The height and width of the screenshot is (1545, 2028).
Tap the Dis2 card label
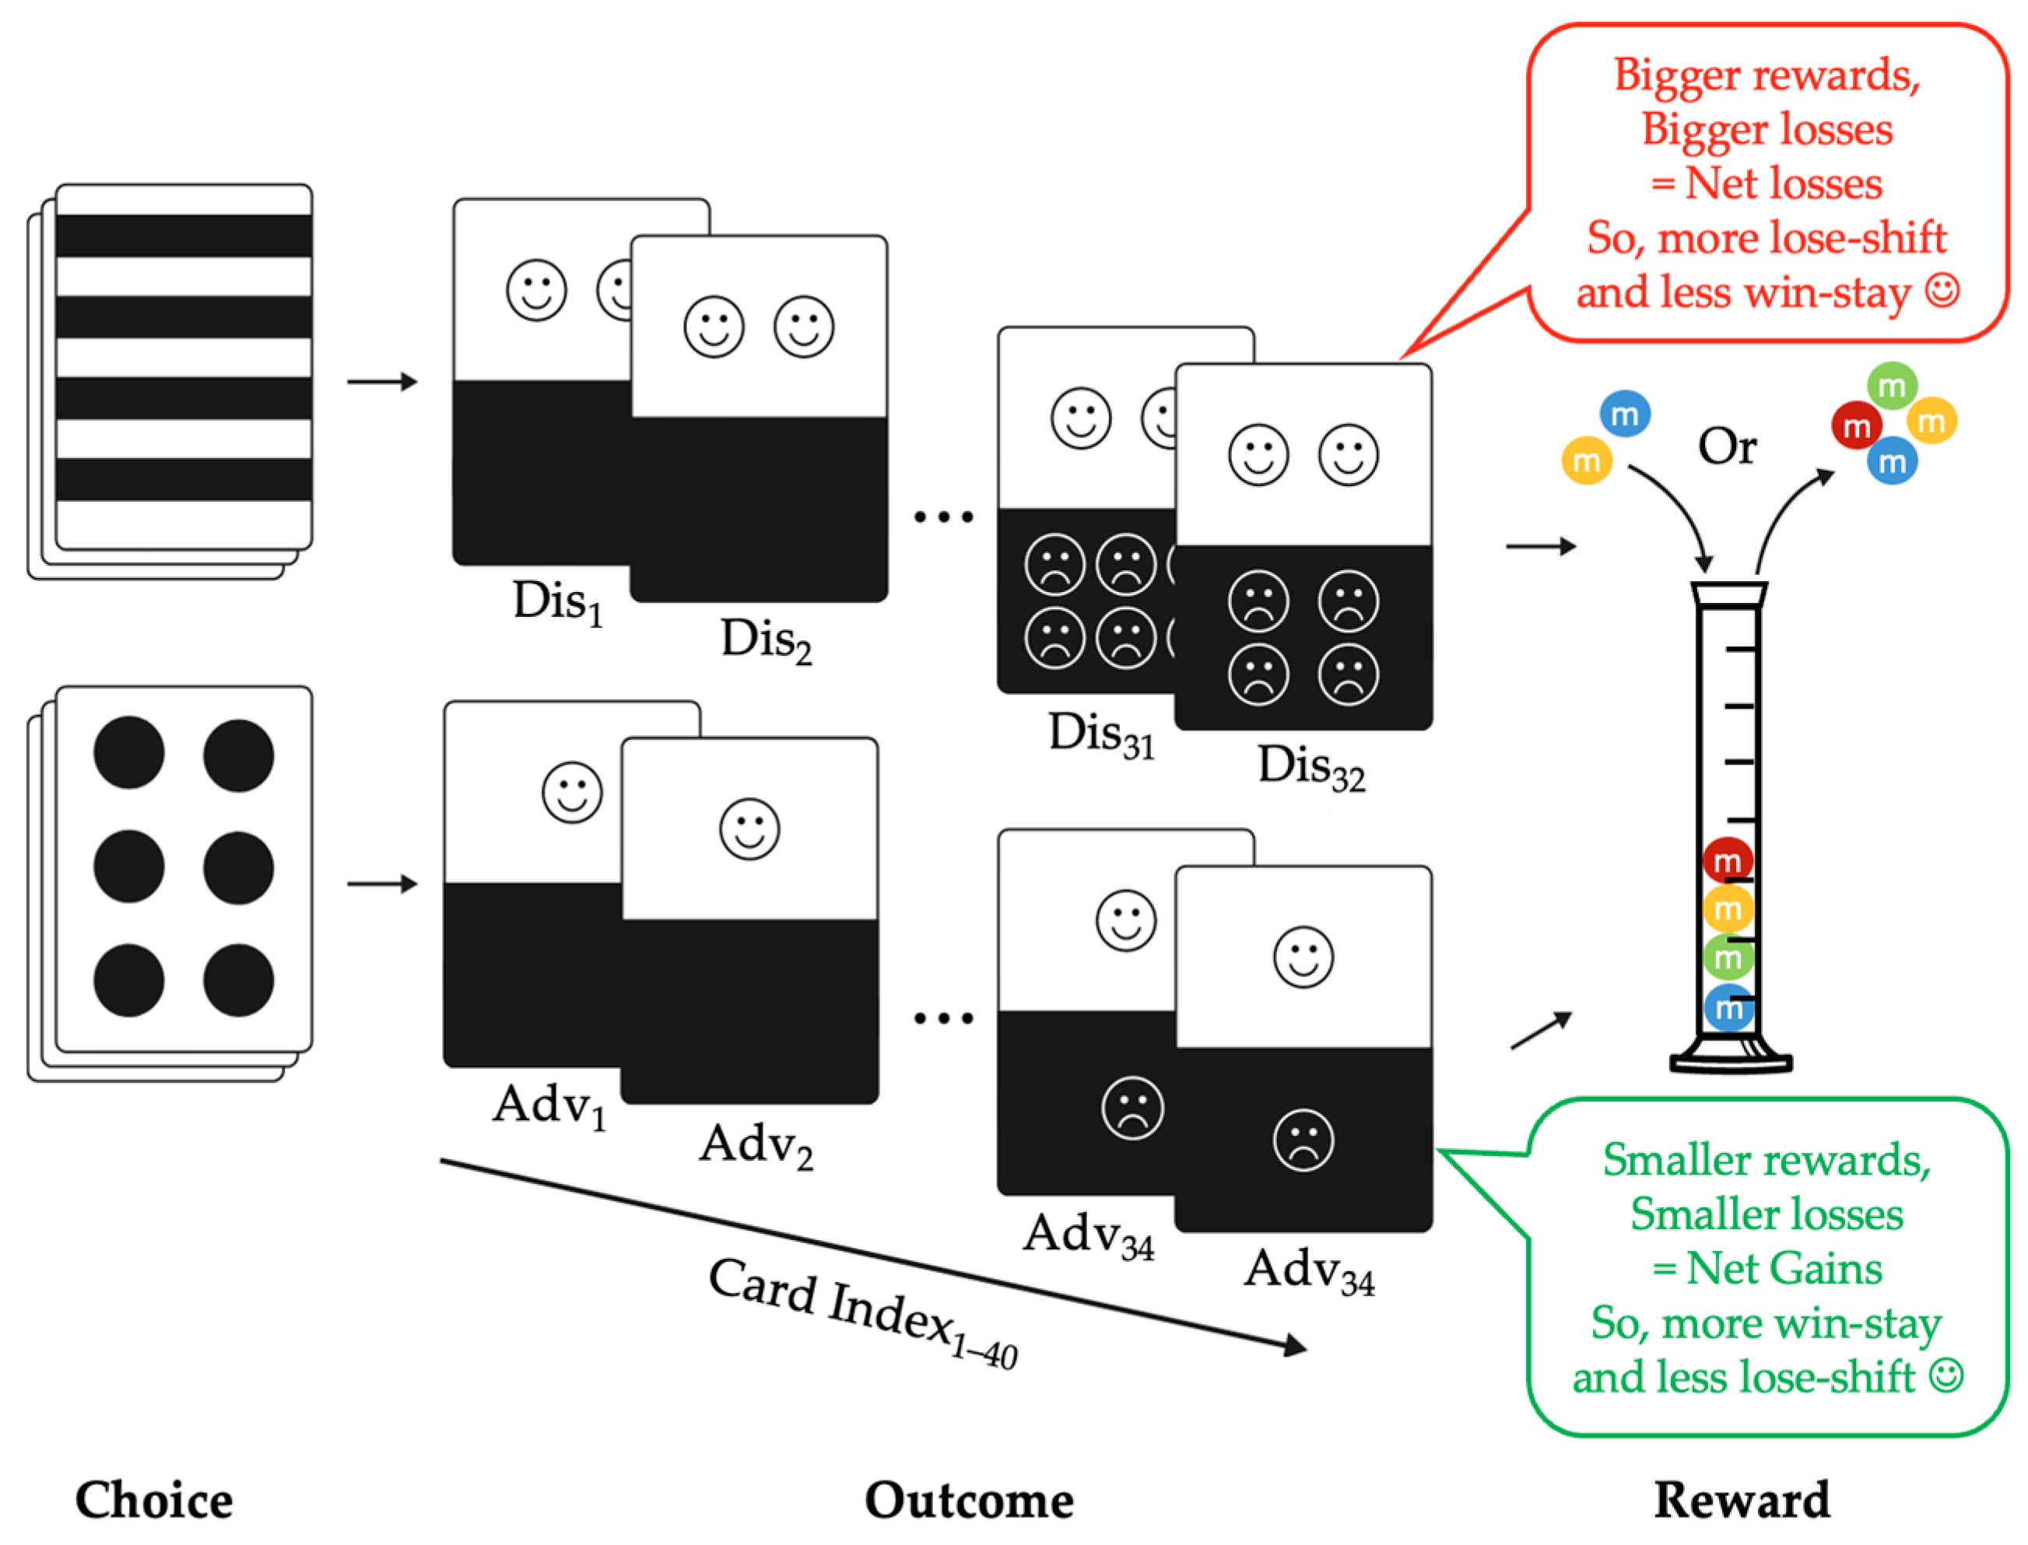coord(765,640)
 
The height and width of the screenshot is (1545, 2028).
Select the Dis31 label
coord(1100,736)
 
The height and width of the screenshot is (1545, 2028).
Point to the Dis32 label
coord(1310,767)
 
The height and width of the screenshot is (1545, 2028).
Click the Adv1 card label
coord(549,1106)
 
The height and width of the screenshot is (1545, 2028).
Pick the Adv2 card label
coord(756,1146)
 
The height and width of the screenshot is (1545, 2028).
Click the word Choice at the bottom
coord(153,1500)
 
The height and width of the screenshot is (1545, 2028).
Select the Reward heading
coord(1740,1500)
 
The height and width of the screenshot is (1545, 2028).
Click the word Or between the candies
coord(1726,448)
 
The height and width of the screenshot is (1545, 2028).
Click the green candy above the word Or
coord(1891,386)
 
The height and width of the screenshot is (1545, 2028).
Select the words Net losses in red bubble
coord(1782,184)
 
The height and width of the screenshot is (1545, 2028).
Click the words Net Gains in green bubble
coord(1782,1268)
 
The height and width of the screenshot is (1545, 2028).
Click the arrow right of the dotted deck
coord(381,884)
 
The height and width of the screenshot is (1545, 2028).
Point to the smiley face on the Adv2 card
coord(749,829)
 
